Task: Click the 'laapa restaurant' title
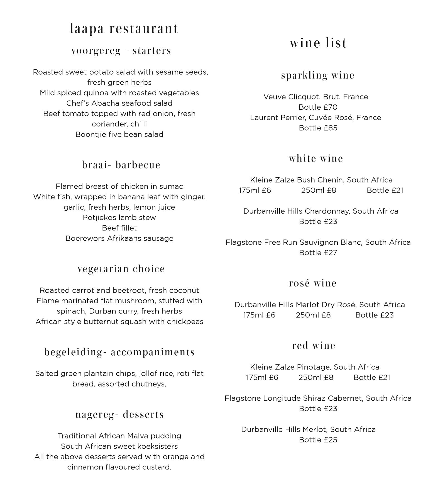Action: coord(124,29)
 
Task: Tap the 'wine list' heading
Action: coord(318,43)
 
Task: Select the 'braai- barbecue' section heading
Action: coord(121,165)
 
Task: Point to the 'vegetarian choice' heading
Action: coord(121,269)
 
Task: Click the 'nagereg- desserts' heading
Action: coord(119,414)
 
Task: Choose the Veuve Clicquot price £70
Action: coord(318,107)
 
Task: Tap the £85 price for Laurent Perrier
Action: coord(318,128)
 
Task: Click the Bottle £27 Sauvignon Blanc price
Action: coord(318,253)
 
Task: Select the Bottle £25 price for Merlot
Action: coord(318,440)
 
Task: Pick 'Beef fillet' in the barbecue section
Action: coord(119,228)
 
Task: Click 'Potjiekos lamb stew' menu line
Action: coord(119,218)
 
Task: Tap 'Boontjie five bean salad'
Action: coord(119,134)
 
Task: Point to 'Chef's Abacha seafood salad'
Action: coord(119,103)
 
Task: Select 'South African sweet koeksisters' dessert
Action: coord(119,446)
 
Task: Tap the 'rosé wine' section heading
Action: coord(313,283)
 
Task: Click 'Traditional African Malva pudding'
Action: coord(119,436)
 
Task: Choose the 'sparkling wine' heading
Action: coord(318,75)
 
